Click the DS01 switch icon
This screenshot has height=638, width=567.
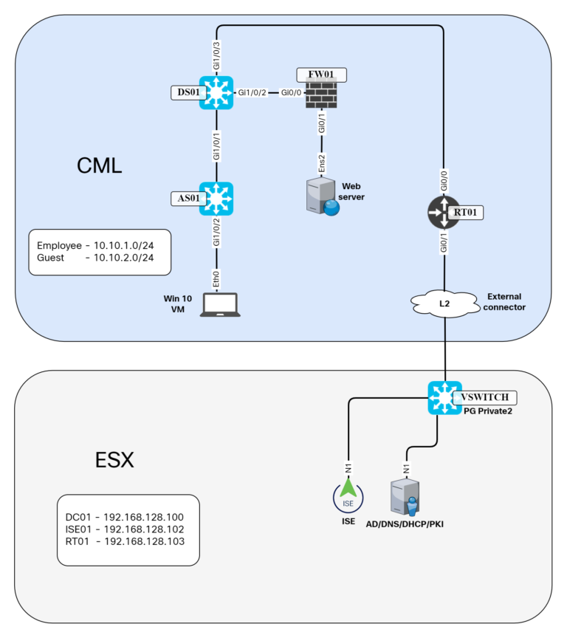click(216, 93)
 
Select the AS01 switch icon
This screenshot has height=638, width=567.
click(216, 199)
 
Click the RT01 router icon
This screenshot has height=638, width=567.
click(442, 212)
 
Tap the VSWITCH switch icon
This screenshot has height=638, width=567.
click(444, 398)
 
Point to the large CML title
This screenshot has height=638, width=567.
click(99, 166)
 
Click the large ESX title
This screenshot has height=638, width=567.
click(114, 459)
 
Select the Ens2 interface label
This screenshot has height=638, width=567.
click(322, 163)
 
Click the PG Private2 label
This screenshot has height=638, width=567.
click(489, 411)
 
